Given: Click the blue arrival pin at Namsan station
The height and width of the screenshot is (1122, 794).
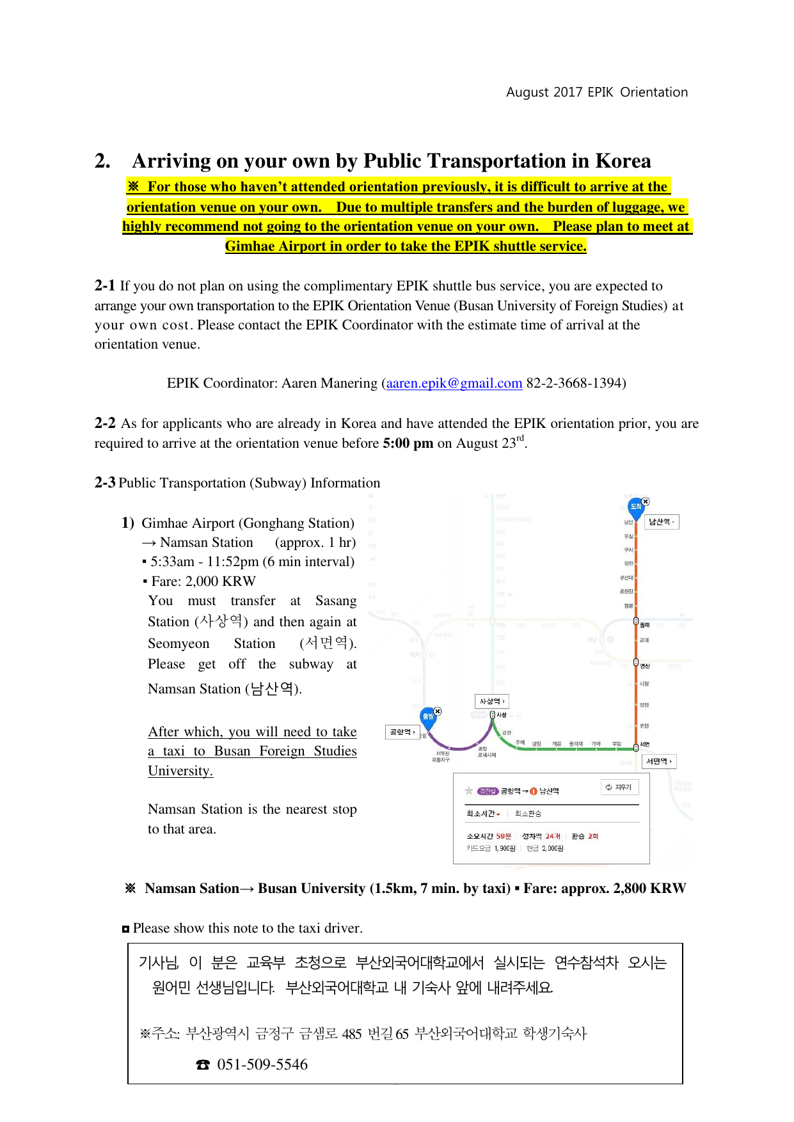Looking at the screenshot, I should click(635, 507).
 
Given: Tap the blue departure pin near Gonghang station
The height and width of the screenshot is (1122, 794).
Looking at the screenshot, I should click(428, 716).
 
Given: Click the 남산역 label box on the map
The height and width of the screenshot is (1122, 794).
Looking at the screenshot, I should click(661, 522).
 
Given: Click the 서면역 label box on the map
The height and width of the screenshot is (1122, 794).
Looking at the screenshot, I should click(658, 761).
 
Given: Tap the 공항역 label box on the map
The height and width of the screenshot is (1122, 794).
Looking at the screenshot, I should click(402, 732).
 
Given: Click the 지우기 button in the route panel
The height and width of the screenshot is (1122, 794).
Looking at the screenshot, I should click(619, 787).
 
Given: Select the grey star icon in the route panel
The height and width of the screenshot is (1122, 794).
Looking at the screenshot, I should click(469, 791).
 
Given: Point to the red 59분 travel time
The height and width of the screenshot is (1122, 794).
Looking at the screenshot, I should click(504, 836).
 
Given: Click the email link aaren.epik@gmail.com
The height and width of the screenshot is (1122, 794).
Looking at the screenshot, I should click(454, 383).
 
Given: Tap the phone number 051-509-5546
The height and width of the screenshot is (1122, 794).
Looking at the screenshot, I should click(262, 1064).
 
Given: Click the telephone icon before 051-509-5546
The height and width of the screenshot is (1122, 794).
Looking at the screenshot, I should click(203, 1065).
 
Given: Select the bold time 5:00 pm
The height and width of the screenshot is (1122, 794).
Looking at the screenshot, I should click(408, 443).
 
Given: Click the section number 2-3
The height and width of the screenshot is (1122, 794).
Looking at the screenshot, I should click(105, 483).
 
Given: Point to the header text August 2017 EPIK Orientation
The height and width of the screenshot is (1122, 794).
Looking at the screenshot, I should click(597, 92).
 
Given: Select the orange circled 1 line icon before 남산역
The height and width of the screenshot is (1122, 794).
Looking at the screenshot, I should click(534, 791).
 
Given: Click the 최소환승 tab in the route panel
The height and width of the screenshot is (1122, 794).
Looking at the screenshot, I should click(528, 814).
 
